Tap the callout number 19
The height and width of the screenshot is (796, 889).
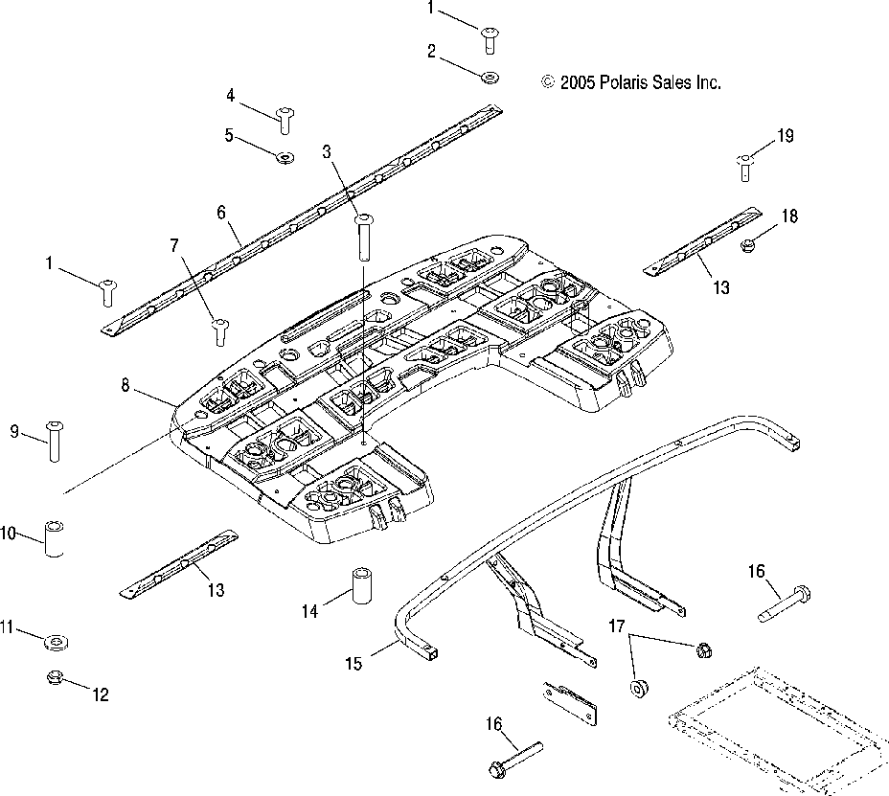[x=786, y=136]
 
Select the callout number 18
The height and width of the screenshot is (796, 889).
[x=789, y=216]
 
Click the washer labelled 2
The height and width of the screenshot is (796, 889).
[x=490, y=77]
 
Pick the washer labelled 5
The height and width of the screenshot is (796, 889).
[x=285, y=157]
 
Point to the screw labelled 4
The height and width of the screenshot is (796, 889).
[x=285, y=120]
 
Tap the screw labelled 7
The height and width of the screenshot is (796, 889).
[x=220, y=332]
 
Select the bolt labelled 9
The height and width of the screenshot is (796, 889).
[x=55, y=442]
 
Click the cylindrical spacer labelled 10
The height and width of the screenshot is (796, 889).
[x=54, y=538]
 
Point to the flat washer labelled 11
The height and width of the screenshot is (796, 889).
[x=57, y=643]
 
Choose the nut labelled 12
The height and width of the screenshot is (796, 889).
[x=55, y=677]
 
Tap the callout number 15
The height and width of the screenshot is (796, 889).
[x=353, y=663]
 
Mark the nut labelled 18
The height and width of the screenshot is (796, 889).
[x=748, y=245]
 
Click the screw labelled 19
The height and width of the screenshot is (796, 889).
[x=745, y=168]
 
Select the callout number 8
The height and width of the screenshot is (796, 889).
[x=125, y=385]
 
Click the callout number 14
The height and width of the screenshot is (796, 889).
[x=309, y=611]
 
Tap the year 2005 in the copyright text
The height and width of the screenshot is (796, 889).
[x=578, y=82]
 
